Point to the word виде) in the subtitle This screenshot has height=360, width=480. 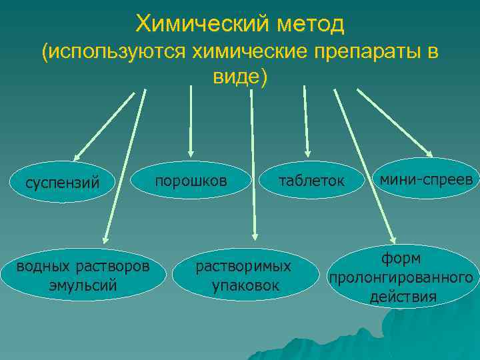[x=239, y=77]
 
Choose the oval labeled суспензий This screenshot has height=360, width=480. [x=62, y=182]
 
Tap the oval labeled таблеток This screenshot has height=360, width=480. [x=311, y=181]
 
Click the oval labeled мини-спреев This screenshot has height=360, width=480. [x=425, y=179]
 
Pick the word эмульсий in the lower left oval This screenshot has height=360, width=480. [x=83, y=285]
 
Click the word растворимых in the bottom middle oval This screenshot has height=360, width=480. [x=243, y=266]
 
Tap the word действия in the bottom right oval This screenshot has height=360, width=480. [x=403, y=296]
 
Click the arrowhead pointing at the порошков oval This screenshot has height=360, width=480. [x=191, y=153]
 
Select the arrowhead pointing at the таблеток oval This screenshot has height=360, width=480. [x=307, y=153]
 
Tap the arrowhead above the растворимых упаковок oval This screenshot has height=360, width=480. [x=254, y=234]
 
